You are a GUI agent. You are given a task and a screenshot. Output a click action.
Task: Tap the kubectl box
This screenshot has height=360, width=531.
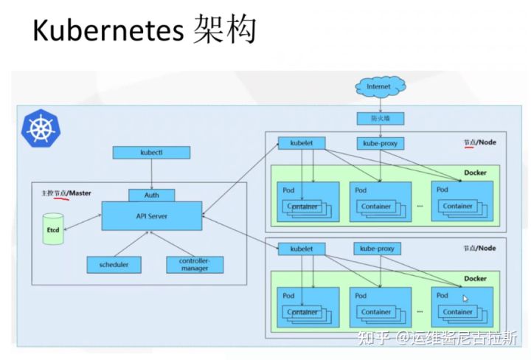coord(151,153)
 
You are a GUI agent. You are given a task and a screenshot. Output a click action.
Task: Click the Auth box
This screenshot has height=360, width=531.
coord(152,195)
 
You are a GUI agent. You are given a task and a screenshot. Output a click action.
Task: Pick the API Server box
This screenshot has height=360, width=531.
coord(152,216)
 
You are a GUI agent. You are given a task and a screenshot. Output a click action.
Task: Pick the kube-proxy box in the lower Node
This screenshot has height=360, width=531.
coord(378,249)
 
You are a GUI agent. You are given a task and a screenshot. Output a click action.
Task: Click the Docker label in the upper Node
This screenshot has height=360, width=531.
coord(476,173)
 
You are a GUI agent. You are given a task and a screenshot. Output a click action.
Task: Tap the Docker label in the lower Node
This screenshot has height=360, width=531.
coord(476,279)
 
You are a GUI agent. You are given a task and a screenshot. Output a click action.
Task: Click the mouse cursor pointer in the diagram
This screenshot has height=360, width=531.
coord(465,299)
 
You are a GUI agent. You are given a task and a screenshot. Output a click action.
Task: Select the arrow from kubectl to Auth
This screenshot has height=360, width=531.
coord(152,174)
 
